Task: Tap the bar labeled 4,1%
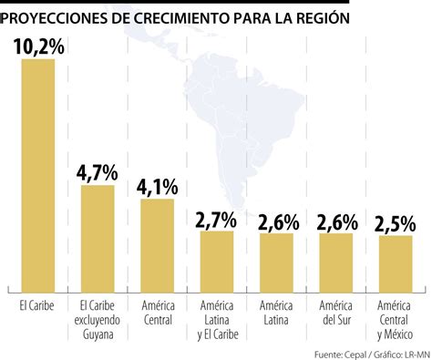pos(157,242)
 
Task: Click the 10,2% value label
pos(38,46)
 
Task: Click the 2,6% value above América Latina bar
pos(275,221)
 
